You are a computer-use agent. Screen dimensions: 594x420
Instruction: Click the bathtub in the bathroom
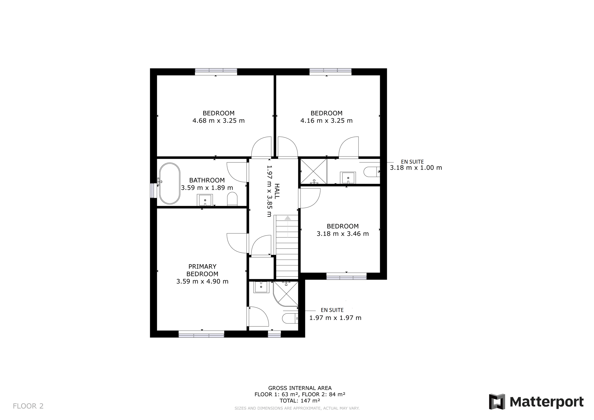click(169, 183)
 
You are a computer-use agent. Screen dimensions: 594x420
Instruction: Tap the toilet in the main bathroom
click(232, 199)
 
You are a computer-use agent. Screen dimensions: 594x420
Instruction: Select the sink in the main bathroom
click(205, 200)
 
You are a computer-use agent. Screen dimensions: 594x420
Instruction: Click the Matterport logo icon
click(497, 402)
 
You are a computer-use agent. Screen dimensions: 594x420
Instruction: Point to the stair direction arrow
click(287, 226)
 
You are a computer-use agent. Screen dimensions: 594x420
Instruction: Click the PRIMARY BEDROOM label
click(202, 270)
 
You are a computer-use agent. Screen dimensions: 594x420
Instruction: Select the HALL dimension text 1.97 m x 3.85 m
click(269, 191)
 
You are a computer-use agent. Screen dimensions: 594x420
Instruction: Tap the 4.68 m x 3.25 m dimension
click(219, 121)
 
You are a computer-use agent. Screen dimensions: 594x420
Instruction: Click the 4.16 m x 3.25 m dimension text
click(327, 121)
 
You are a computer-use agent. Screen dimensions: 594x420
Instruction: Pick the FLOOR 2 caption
click(28, 406)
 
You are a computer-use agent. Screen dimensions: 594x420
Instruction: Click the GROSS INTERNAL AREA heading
click(300, 388)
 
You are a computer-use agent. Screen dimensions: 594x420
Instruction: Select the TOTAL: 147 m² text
click(300, 401)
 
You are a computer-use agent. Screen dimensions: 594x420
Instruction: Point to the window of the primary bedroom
click(201, 334)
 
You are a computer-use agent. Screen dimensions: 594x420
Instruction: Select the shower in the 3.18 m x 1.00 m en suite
click(314, 171)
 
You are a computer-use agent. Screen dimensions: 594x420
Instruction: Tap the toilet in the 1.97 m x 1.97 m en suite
click(290, 318)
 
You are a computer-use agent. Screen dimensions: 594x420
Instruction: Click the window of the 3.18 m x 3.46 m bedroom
click(346, 276)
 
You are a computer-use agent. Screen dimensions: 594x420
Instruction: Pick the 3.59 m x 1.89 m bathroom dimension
click(207, 188)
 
